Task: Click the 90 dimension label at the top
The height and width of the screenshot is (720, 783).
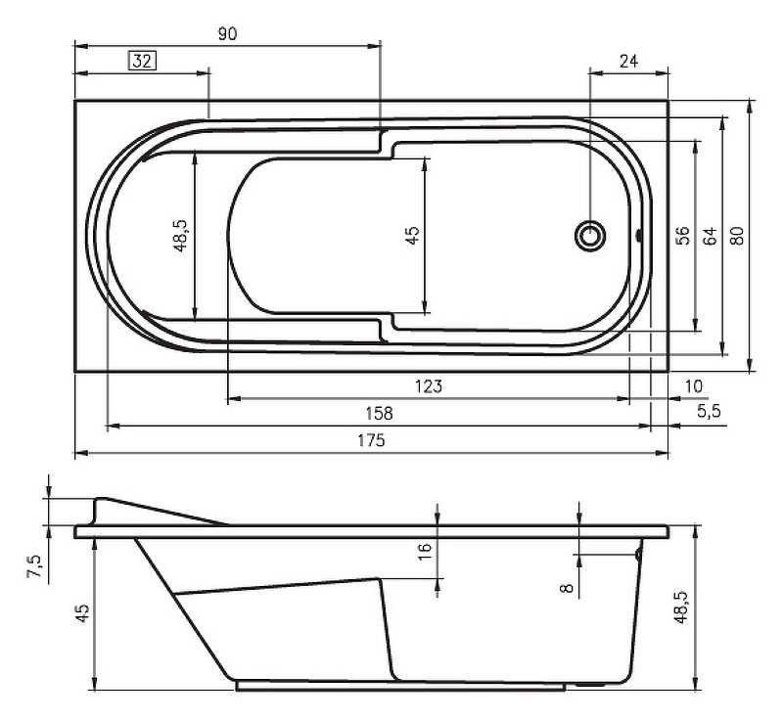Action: point(227,33)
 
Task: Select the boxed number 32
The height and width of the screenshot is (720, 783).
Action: point(142,62)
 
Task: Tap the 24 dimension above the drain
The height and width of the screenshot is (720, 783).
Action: point(629,61)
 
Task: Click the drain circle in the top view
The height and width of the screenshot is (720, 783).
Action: point(590,236)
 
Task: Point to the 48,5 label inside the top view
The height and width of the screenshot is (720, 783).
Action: point(180,236)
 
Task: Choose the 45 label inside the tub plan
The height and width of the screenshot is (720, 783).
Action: point(412,236)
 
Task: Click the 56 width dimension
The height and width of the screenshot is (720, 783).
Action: point(683,236)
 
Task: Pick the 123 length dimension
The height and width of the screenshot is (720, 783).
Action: point(428,386)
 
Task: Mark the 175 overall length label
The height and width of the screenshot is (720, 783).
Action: point(371,441)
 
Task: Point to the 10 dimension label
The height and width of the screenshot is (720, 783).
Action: point(694,386)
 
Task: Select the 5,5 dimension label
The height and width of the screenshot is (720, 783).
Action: point(709,413)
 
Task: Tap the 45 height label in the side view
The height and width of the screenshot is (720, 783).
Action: point(82,613)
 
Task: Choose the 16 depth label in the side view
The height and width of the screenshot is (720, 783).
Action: point(424,550)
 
